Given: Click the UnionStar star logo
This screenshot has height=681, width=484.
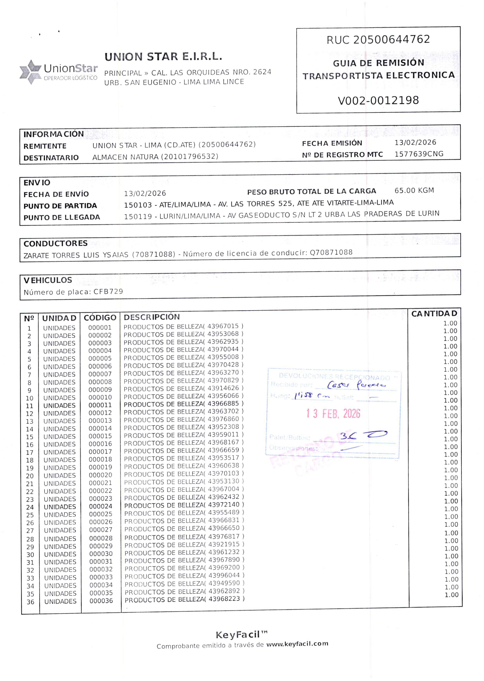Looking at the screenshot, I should (x=30, y=72).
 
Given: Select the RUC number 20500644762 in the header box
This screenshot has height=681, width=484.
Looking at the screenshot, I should (x=391, y=39).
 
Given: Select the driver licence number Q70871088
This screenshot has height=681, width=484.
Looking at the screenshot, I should (x=331, y=252).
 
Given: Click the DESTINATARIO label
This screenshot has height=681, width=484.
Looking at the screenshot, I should (x=51, y=158).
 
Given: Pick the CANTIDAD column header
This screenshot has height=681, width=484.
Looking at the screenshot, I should (x=434, y=313).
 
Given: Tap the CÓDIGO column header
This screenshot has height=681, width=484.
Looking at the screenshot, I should (x=100, y=318).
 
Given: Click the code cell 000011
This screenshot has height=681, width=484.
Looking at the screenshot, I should (x=100, y=405).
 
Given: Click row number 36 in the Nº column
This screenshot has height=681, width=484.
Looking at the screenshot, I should (x=30, y=602).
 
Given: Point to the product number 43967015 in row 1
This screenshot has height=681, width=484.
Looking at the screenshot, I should (x=223, y=326).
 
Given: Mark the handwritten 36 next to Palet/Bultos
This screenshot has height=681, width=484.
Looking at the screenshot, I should (x=348, y=436).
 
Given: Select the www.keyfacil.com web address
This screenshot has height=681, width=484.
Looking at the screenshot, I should (x=297, y=644).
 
